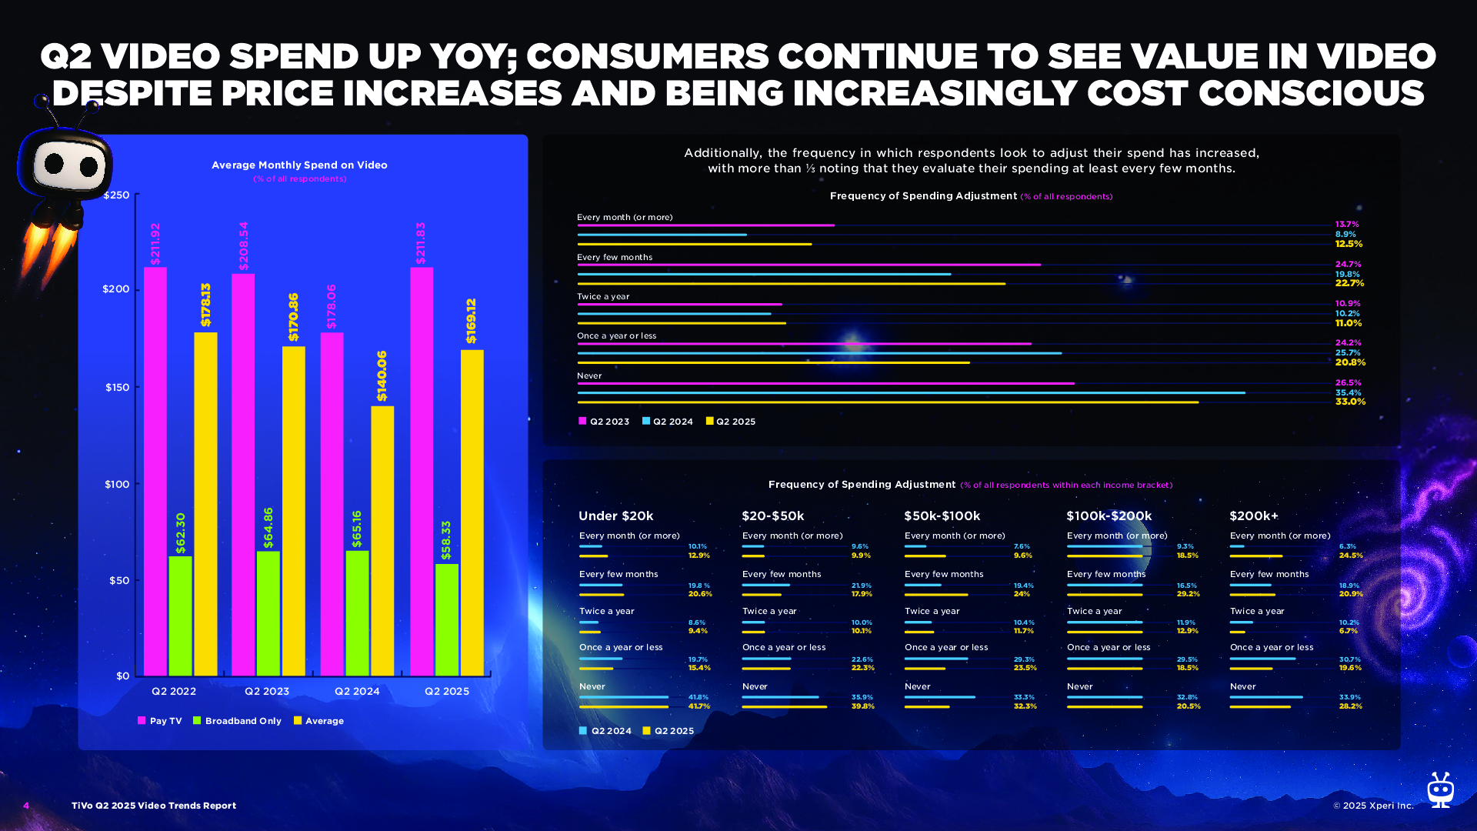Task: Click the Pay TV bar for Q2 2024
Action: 332,504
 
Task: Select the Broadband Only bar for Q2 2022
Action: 180,616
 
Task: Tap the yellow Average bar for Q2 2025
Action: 472,512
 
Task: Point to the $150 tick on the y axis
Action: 117,387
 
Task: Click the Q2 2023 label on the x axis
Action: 267,691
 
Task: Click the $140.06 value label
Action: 382,376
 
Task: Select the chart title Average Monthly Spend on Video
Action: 299,165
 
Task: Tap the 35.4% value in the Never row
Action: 1348,392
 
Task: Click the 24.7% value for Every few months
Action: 1348,264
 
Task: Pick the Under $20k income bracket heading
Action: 615,516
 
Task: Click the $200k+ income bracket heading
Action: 1253,516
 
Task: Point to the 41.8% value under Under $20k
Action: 698,697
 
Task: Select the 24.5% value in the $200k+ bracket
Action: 1350,555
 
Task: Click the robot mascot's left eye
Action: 55,162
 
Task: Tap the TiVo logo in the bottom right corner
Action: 1439,790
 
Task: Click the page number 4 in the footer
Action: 26,806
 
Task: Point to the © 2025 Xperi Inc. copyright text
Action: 1373,806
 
